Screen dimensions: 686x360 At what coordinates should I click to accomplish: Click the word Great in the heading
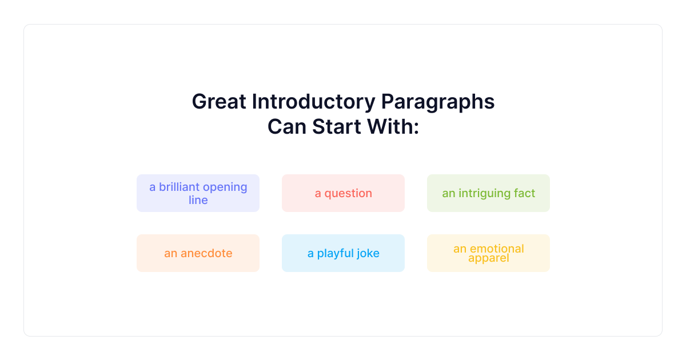point(219,102)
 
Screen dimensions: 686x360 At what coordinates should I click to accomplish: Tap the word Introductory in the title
point(314,102)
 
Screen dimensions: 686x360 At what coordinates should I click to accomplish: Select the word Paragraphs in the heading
point(438,102)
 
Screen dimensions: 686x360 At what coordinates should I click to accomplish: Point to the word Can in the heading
point(287,127)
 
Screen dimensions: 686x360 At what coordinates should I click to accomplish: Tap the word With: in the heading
point(393,127)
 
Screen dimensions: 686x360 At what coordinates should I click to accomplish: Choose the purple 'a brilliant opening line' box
point(198,193)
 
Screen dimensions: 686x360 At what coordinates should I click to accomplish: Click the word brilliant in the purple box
point(179,187)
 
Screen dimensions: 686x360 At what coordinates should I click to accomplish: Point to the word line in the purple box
point(198,200)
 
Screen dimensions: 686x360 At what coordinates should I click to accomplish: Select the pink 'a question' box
point(344,193)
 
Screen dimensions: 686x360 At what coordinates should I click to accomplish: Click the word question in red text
point(348,194)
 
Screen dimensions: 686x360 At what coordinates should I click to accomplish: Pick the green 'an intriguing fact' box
point(488,193)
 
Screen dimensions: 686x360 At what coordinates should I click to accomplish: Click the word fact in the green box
point(525,193)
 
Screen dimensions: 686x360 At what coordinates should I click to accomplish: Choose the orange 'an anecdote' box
point(198,253)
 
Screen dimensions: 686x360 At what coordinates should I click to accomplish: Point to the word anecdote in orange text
point(206,253)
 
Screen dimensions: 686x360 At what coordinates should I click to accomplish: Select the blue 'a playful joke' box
point(344,253)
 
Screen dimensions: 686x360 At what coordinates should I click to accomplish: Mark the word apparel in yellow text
point(489,258)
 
